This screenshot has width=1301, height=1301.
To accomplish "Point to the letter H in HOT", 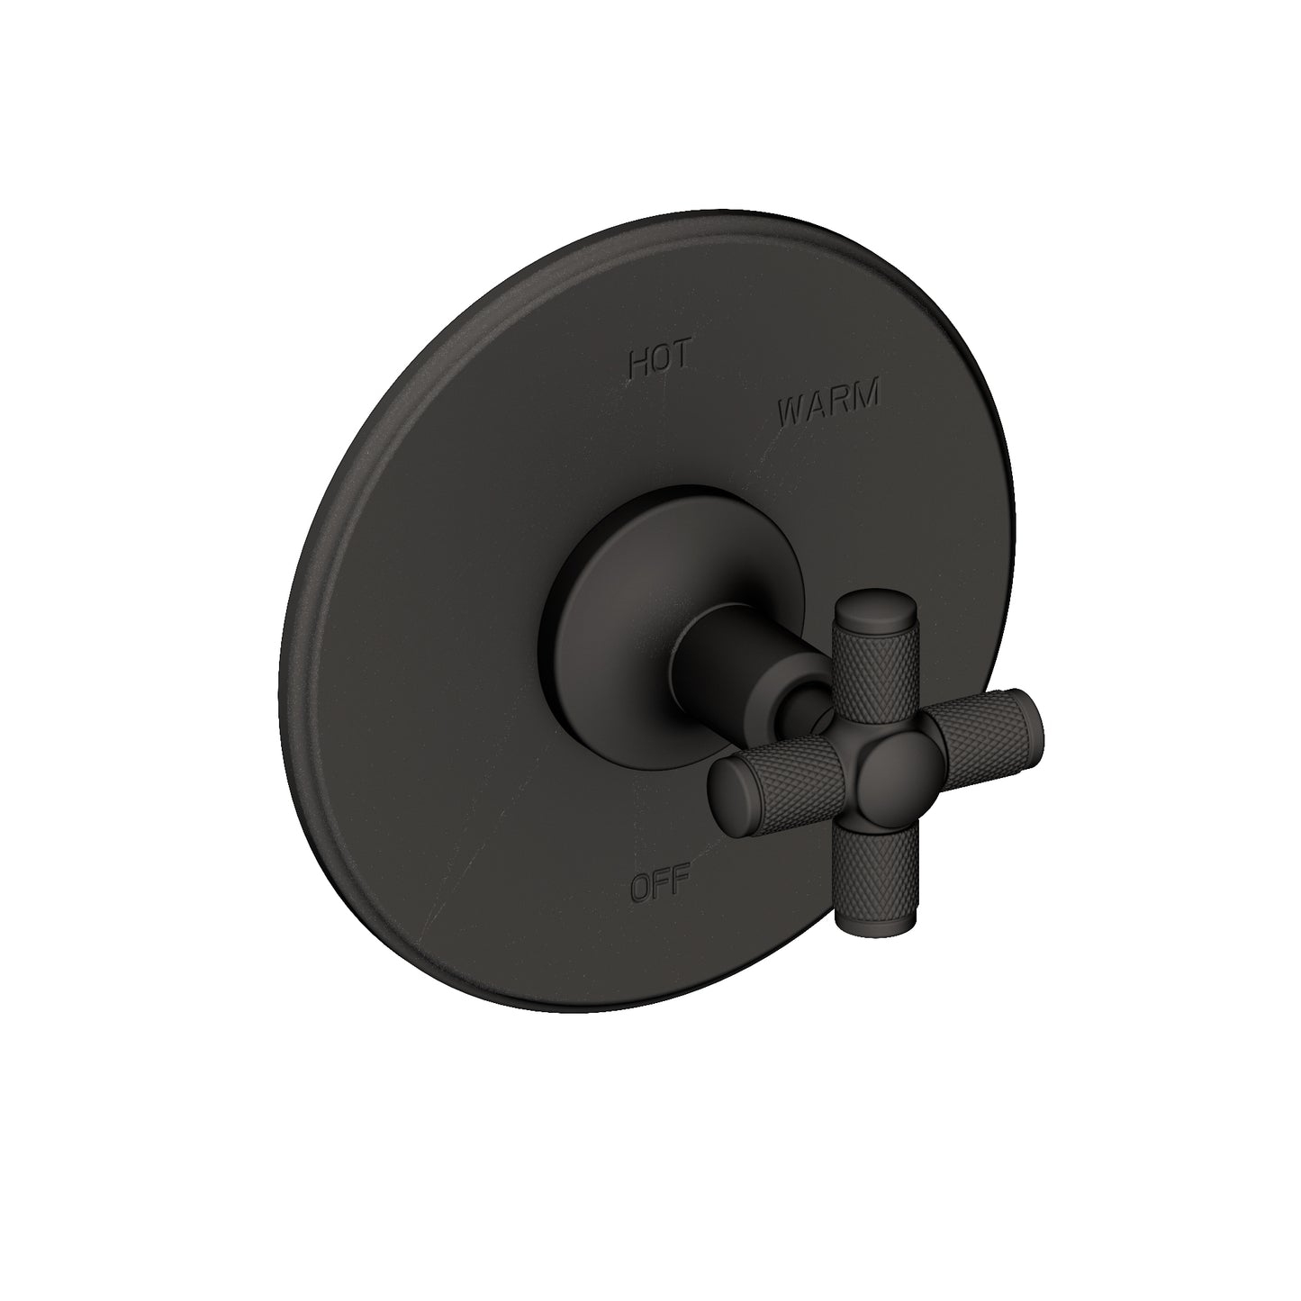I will click(x=638, y=364).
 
